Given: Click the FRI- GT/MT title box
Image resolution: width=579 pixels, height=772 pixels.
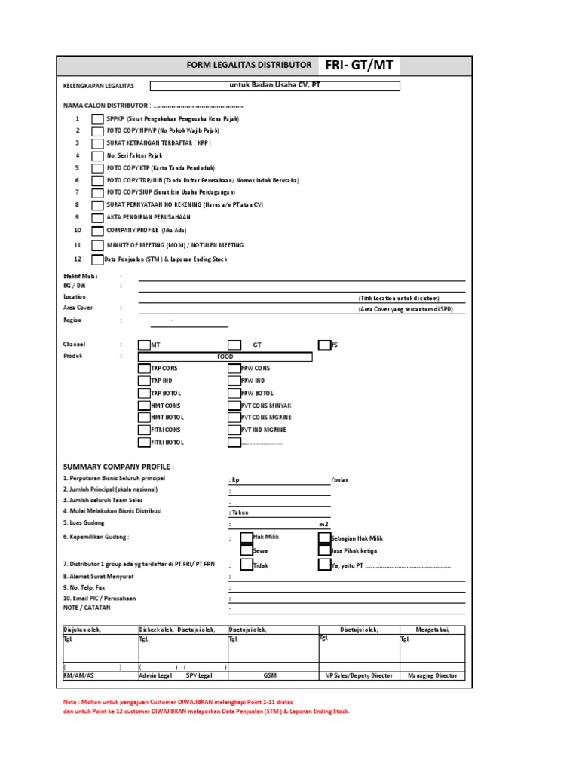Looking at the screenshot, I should coord(359,66).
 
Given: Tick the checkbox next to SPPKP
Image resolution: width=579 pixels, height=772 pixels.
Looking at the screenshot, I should coord(98,119).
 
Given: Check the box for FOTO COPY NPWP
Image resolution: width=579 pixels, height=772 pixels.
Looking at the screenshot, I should coord(98,131).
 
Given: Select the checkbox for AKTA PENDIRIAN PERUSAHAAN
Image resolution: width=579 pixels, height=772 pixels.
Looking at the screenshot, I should coord(98,217).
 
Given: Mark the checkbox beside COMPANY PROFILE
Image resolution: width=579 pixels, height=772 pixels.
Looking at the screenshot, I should coord(98,231).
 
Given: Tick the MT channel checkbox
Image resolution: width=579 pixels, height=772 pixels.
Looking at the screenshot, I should coord(144,345).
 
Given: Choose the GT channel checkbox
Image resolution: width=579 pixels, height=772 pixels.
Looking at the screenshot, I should coord(234,345).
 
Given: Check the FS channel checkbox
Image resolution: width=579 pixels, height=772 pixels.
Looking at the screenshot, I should coord(324,345).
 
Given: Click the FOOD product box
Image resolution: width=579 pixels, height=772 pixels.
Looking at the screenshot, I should coord(225,357).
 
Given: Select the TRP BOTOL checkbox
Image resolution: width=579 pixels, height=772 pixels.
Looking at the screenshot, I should coord(144,394).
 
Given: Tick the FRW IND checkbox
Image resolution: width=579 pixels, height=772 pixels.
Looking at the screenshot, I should coord(234,381).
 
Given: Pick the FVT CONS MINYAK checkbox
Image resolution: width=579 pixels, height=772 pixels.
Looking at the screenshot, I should coord(234,406).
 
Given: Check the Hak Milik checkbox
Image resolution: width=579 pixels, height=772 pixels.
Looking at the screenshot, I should coord(247,538).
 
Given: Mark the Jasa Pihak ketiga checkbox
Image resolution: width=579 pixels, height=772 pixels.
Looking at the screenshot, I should coord(324,551).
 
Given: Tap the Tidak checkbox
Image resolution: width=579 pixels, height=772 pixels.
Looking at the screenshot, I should coord(247,565).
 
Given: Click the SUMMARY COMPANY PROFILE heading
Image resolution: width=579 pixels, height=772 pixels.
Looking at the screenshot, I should coord(118,467).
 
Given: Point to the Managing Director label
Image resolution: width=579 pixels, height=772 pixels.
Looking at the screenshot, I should coord(432,676).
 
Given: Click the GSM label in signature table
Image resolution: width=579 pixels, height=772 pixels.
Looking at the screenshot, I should coord(271,676).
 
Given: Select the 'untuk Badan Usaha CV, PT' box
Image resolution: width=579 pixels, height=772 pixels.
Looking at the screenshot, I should coord(274,86).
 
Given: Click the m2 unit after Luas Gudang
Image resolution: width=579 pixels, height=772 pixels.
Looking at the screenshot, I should coord(323,524).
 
